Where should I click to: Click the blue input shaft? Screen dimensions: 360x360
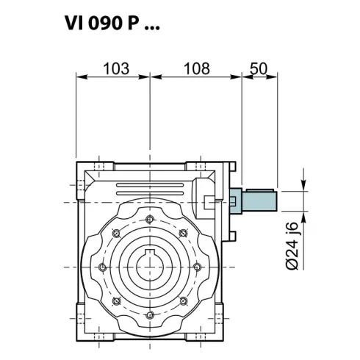[257, 199]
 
